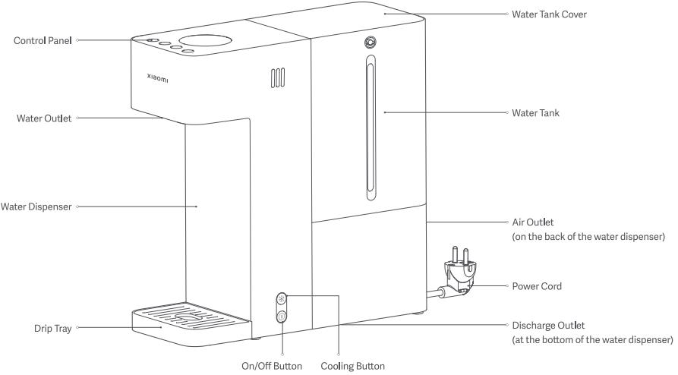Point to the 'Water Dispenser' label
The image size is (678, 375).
coord(37,206)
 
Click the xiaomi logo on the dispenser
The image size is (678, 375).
coord(159,77)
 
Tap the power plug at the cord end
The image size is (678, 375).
coord(457,277)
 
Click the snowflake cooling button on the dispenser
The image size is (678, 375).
coord(282,298)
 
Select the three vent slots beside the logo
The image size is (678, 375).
coord(277,77)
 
